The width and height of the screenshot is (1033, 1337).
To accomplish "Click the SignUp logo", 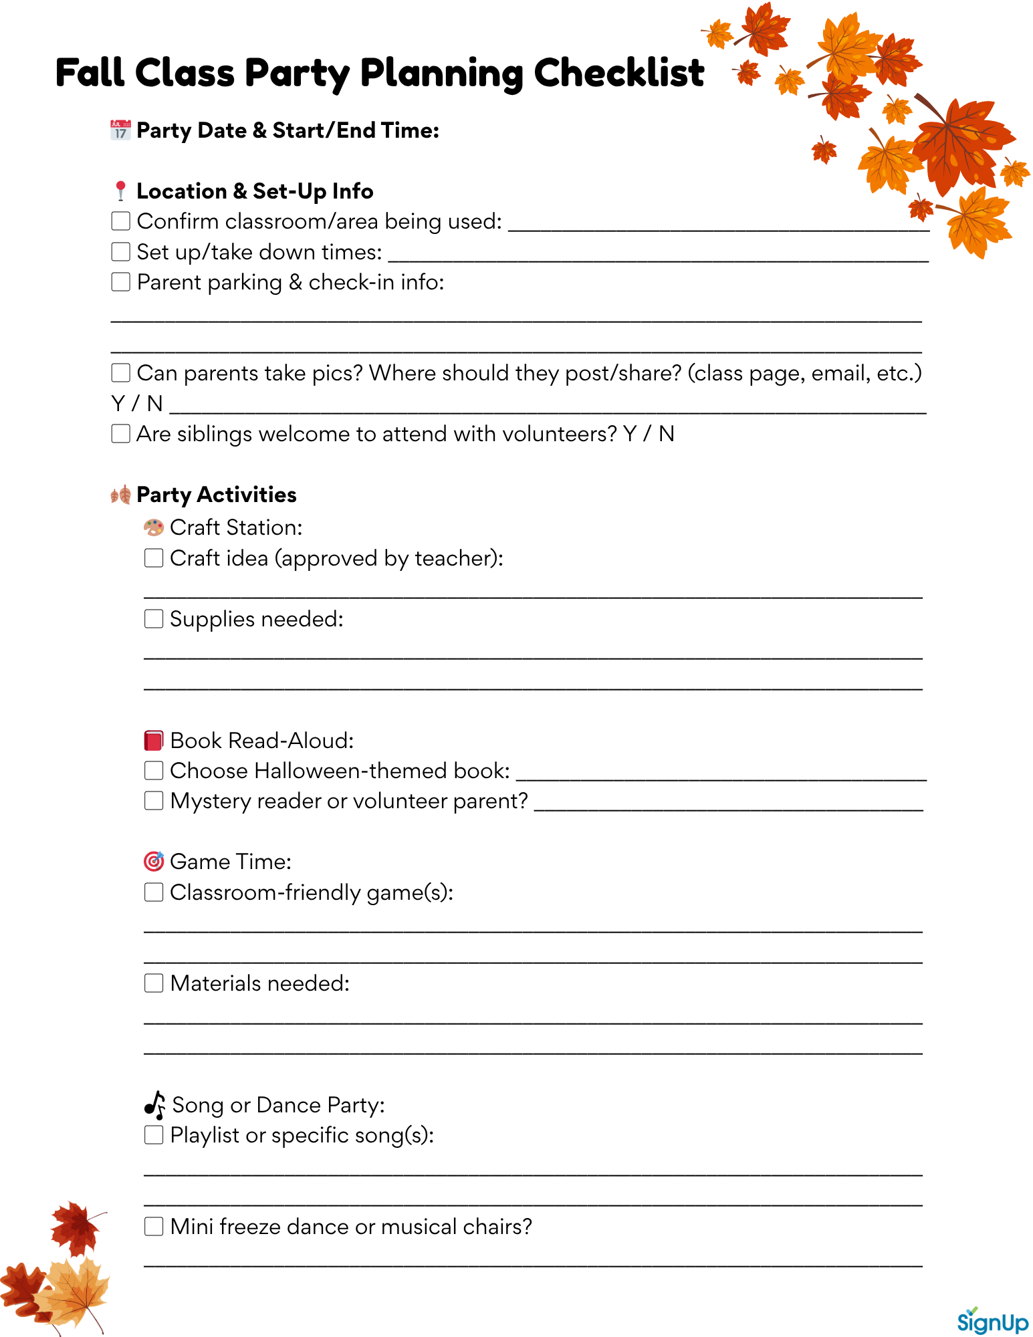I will pyautogui.click(x=992, y=1320).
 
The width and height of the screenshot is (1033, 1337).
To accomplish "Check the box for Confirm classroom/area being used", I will pyautogui.click(x=120, y=221).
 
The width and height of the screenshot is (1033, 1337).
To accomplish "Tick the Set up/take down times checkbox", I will pyautogui.click(x=120, y=251).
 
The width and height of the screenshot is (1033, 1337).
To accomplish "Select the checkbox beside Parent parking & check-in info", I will pyautogui.click(x=120, y=281).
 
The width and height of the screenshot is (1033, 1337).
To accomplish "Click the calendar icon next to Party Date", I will pyautogui.click(x=120, y=130).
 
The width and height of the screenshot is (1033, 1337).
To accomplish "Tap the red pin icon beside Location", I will pyautogui.click(x=120, y=191).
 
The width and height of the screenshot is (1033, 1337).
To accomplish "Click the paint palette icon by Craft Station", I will pyautogui.click(x=154, y=527).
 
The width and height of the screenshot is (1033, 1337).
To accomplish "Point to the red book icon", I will pyautogui.click(x=154, y=740).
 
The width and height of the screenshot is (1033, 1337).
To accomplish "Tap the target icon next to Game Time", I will pyautogui.click(x=154, y=861).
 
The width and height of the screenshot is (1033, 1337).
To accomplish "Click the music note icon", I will pyautogui.click(x=155, y=1105).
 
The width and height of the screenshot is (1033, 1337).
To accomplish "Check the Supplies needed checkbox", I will pyautogui.click(x=154, y=618).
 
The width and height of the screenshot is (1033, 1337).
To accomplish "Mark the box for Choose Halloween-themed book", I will pyautogui.click(x=154, y=770).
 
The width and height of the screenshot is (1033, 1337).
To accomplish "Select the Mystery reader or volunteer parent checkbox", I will pyautogui.click(x=154, y=800).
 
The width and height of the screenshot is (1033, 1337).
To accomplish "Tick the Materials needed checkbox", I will pyautogui.click(x=154, y=983).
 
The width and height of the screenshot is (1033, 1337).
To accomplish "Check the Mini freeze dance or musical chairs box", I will pyautogui.click(x=154, y=1226).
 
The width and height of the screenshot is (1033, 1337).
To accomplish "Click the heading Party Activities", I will pyautogui.click(x=216, y=495).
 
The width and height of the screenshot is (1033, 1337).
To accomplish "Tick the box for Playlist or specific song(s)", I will pyautogui.click(x=154, y=1134).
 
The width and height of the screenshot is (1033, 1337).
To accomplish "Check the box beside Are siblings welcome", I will pyautogui.click(x=120, y=433).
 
